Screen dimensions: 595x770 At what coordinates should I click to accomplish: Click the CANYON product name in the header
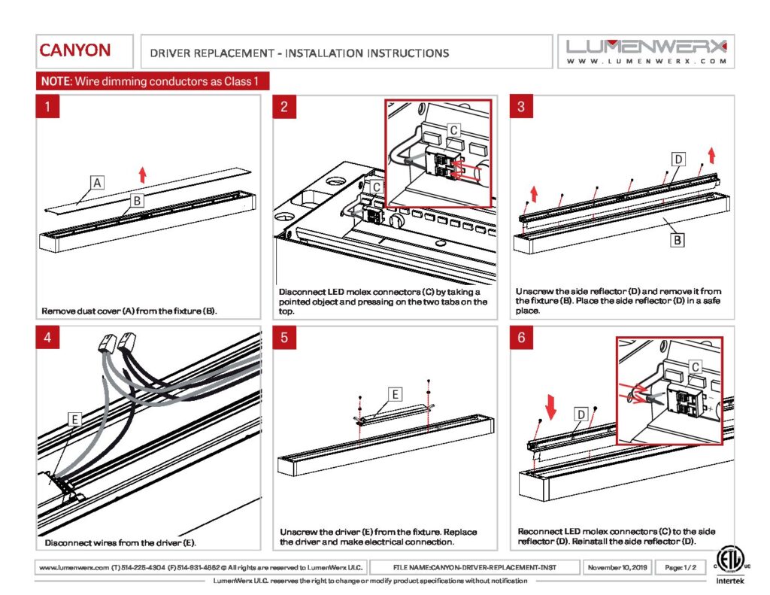pyautogui.click(x=74, y=51)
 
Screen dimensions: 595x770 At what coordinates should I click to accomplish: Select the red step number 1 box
pyautogui.click(x=47, y=107)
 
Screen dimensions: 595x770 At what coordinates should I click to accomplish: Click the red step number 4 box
pyautogui.click(x=47, y=338)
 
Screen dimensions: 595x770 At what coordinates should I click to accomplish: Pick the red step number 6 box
pyautogui.click(x=521, y=338)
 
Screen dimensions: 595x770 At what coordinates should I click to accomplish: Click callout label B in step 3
pyautogui.click(x=677, y=241)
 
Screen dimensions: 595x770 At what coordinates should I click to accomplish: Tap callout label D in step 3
pyautogui.click(x=678, y=159)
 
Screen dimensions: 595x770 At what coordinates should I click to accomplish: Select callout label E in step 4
pyautogui.click(x=74, y=420)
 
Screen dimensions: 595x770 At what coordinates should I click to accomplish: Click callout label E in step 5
pyautogui.click(x=396, y=393)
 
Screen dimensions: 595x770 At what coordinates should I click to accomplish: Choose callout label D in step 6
pyautogui.click(x=581, y=414)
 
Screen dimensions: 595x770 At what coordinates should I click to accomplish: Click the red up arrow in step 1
pyautogui.click(x=142, y=175)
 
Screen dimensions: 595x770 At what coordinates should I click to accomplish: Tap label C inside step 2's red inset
pyautogui.click(x=453, y=130)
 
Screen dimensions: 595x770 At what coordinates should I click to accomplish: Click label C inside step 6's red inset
pyautogui.click(x=695, y=366)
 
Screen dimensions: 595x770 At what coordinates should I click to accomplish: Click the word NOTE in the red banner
pyautogui.click(x=54, y=80)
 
